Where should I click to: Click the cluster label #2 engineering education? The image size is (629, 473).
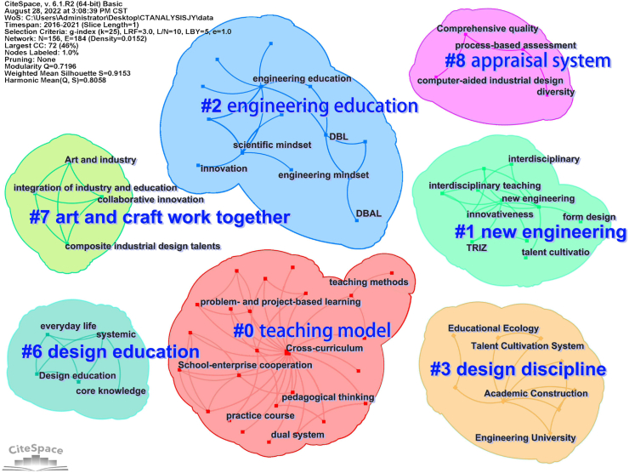(309, 106)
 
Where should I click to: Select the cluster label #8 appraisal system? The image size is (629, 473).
(528, 61)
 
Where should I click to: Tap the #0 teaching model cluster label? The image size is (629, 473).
(312, 331)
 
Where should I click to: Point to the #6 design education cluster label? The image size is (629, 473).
(110, 351)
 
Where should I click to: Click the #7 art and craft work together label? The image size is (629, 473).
(159, 217)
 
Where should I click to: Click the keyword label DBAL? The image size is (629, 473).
(369, 214)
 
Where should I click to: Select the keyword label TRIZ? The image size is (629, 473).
(477, 248)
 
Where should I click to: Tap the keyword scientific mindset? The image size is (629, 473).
(272, 145)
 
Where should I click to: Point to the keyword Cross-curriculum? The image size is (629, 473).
(324, 349)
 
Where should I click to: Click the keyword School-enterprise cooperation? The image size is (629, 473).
(235, 366)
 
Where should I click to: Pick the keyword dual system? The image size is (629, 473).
(297, 436)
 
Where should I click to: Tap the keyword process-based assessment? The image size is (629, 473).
(515, 45)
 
